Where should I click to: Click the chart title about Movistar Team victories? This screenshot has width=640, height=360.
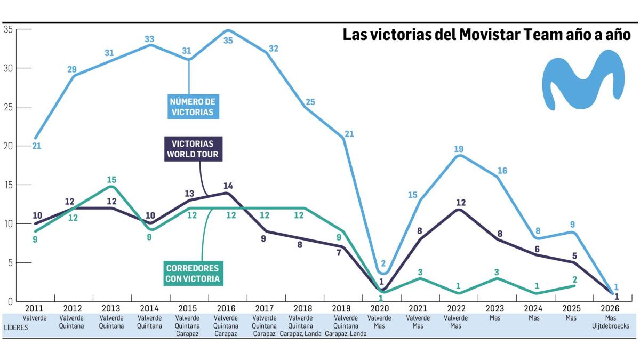[x=487, y=35]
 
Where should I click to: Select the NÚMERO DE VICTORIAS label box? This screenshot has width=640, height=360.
[x=191, y=107]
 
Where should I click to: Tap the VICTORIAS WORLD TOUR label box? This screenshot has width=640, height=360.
[x=193, y=149]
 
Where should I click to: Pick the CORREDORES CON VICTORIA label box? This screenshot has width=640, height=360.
[x=192, y=273]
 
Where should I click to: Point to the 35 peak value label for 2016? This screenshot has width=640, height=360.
[x=228, y=41]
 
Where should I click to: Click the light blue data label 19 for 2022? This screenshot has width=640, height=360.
[x=458, y=149]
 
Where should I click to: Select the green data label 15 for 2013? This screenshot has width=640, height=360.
[x=111, y=180]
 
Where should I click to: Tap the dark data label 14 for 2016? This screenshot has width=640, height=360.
[x=228, y=186]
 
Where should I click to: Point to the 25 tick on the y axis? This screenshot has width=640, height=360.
[x=8, y=107]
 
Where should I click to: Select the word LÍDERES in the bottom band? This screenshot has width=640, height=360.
[x=15, y=328]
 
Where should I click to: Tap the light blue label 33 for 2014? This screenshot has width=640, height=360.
[x=150, y=39]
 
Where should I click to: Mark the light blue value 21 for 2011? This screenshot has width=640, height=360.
[x=36, y=145]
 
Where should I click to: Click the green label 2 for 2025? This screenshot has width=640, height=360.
[x=575, y=279]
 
